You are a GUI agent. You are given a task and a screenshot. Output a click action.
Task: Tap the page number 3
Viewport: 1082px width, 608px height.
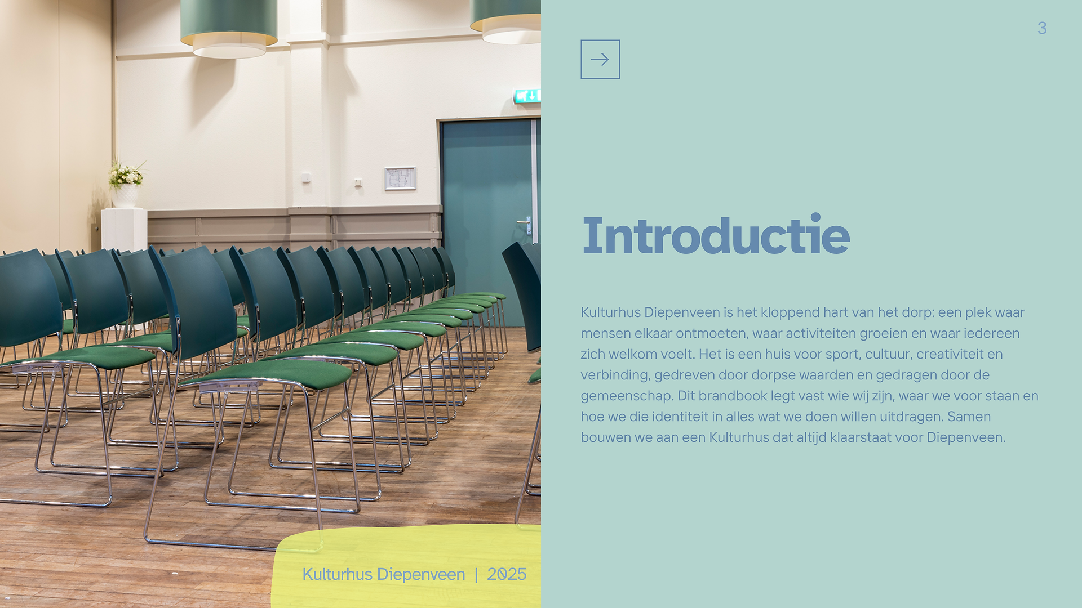(x=1042, y=28)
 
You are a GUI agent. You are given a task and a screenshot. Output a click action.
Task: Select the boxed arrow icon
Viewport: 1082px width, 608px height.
(x=600, y=59)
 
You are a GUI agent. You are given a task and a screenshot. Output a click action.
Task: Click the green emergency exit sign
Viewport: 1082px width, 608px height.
(x=527, y=96)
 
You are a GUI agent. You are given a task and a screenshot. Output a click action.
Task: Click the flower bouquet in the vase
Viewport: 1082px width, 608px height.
(x=126, y=175)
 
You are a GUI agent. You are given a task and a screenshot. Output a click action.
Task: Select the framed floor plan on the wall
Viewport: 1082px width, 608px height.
(x=400, y=178)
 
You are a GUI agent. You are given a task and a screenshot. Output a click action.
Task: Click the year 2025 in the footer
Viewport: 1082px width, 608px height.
(x=507, y=574)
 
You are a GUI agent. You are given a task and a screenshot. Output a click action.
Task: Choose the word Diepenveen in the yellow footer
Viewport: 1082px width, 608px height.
(x=421, y=575)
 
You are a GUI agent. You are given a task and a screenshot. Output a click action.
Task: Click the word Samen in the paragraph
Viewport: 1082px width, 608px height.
(x=969, y=417)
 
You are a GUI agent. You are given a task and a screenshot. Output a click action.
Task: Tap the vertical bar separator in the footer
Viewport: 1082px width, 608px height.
(x=476, y=575)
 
